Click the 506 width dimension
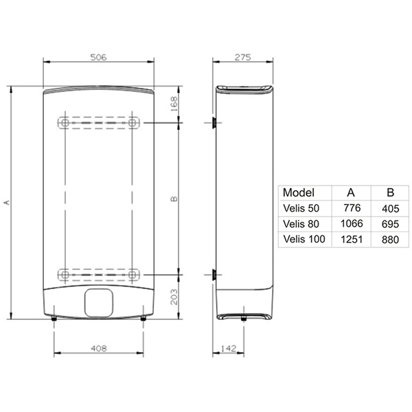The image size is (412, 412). coord(98,57)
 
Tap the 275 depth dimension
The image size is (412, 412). coord(243,57)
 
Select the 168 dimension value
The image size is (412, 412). coord(174,104)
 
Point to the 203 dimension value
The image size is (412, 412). coord(174,297)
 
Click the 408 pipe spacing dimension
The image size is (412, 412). coord(99,348)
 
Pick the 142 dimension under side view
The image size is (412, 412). coord(229,348)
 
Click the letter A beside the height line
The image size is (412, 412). coord(7,203)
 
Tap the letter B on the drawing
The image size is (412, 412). coord(174,199)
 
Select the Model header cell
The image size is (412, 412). coord(299,192)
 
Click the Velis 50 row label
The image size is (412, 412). coord(301,208)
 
